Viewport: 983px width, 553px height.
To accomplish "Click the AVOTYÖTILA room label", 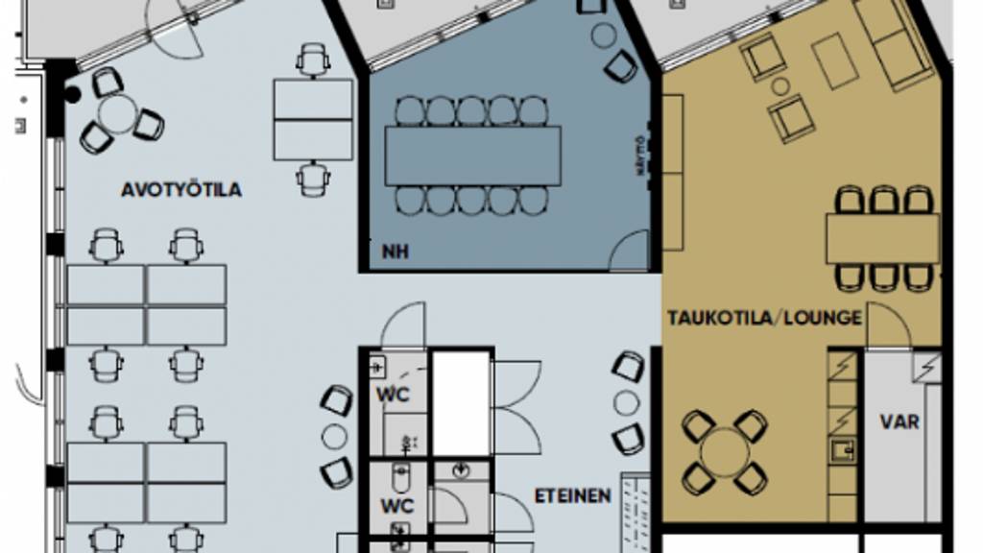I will [180, 190].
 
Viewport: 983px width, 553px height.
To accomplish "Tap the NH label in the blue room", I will [395, 252].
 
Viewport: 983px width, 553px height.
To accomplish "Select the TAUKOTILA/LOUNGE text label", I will [765, 318].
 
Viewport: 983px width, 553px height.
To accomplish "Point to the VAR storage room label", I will [899, 421].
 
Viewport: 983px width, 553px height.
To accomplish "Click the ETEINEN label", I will [572, 496].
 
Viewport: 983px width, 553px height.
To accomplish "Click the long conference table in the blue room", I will [473, 156].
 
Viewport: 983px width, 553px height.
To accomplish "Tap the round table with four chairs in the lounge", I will [725, 451].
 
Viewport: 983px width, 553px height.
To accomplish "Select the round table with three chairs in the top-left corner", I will [118, 114].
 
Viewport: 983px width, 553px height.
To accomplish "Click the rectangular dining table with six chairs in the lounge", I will [881, 238].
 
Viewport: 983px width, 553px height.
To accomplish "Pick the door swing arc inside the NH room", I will [632, 252].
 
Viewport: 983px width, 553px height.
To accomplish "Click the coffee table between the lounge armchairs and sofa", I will [833, 60].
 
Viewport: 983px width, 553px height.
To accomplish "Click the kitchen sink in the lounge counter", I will [842, 448].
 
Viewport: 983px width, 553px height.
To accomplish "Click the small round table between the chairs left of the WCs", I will [334, 436].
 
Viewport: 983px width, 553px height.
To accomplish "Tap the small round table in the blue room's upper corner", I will [603, 36].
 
